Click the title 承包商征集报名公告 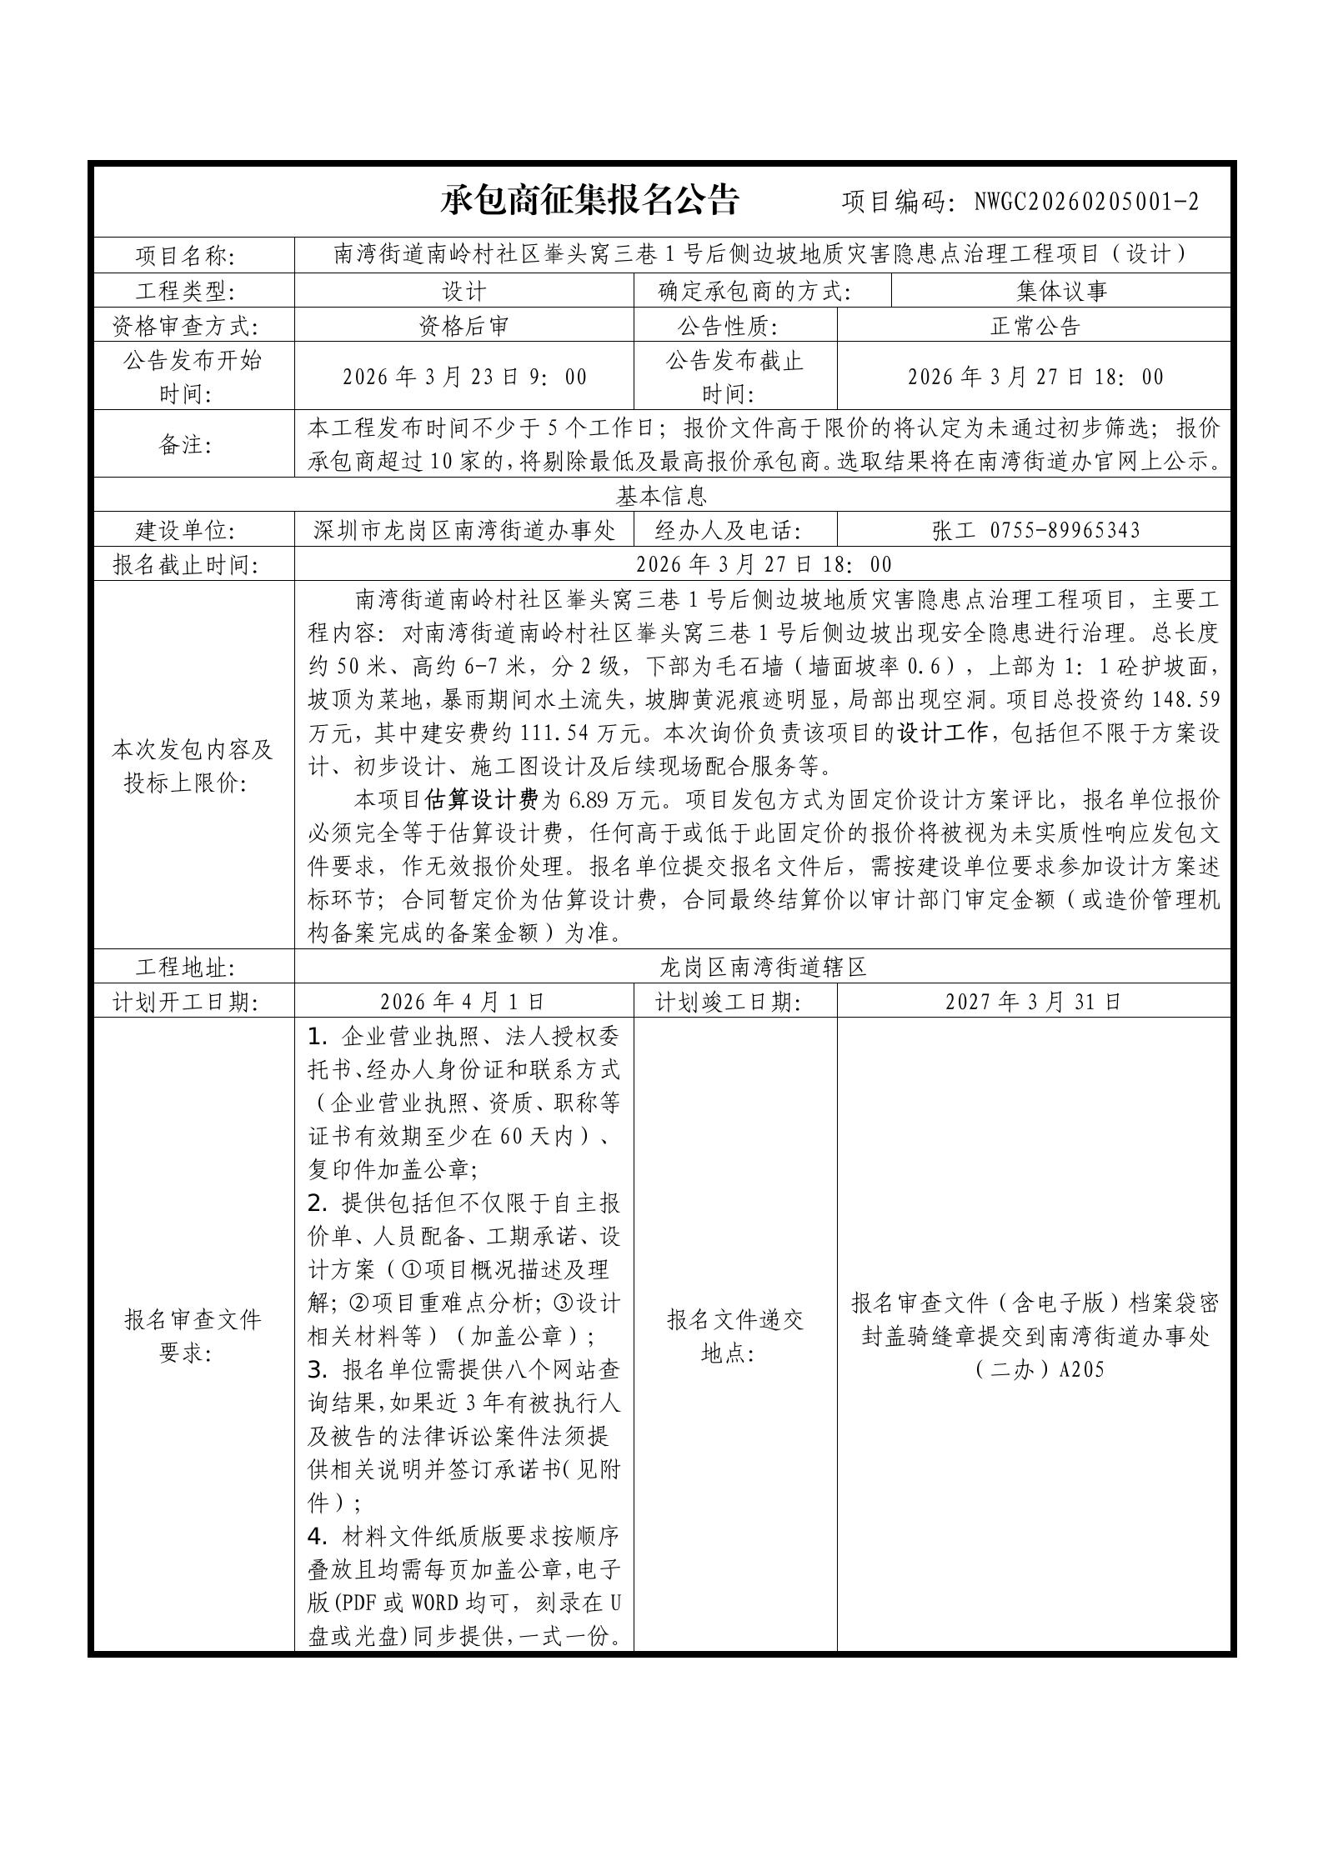pos(589,200)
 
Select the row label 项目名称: pos(186,255)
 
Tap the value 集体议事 pos(1061,291)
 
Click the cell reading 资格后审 pos(464,326)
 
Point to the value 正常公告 pos(1035,326)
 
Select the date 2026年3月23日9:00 pos(464,377)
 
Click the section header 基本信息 pos(661,497)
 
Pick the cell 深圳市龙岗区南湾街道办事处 pos(464,531)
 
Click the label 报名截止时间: pos(186,566)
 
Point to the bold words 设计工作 pos(942,733)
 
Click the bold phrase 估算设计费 pos(481,800)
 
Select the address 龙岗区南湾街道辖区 pos(763,968)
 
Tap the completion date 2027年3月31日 pos(1034,1002)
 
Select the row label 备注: pos(186,444)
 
